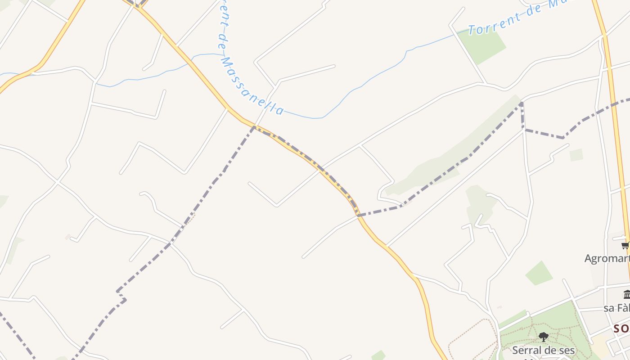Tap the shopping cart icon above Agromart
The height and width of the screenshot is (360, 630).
tap(625, 245)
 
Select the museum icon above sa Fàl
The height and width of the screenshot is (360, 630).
tap(627, 295)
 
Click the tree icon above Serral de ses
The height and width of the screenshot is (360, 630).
tap(544, 337)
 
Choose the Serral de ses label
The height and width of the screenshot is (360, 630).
tap(544, 350)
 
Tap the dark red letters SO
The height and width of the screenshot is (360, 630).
tap(621, 328)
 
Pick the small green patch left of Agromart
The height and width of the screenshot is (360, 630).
tap(539, 273)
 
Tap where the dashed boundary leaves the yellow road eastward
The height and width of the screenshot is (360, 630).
tap(359, 215)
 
